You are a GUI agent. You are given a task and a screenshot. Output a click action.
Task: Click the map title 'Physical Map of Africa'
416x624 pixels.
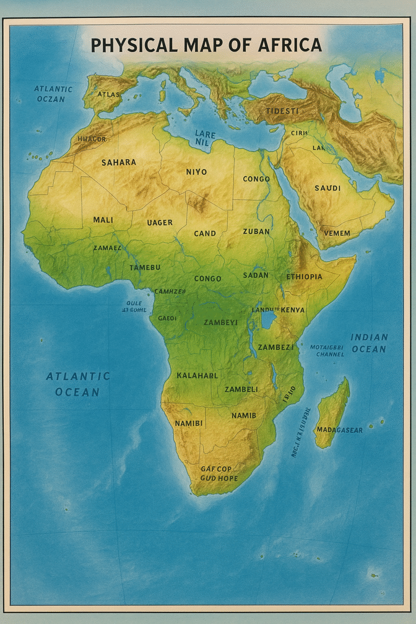pyautogui.click(x=206, y=45)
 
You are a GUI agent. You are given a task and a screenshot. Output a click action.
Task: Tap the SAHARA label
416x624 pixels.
pyautogui.click(x=119, y=162)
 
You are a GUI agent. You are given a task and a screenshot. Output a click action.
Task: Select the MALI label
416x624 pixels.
pyautogui.click(x=103, y=220)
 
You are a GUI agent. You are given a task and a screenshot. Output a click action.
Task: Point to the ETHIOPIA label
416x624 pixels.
pyautogui.click(x=304, y=277)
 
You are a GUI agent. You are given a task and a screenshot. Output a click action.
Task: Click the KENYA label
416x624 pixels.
pyautogui.click(x=293, y=310)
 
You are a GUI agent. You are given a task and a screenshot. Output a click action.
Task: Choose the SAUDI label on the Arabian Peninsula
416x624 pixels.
pyautogui.click(x=327, y=188)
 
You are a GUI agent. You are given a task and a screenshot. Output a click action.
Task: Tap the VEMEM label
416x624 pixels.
pyautogui.click(x=336, y=233)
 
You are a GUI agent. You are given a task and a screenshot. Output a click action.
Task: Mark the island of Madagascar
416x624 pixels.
pyautogui.click(x=331, y=412)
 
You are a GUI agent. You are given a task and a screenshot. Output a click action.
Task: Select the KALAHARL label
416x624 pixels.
pyautogui.click(x=197, y=375)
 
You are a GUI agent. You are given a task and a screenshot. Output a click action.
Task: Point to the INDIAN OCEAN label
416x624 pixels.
pyautogui.click(x=369, y=343)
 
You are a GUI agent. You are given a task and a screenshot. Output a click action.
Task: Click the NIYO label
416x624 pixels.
pyautogui.click(x=196, y=172)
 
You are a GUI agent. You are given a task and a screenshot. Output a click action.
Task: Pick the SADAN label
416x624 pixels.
pyautogui.click(x=256, y=275)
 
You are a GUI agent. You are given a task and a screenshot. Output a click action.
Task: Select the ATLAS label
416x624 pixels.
pyautogui.click(x=108, y=94)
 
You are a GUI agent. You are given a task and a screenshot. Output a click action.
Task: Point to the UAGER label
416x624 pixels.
pyautogui.click(x=160, y=222)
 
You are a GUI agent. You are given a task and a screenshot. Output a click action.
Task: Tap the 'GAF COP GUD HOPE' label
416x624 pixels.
pyautogui.click(x=216, y=473)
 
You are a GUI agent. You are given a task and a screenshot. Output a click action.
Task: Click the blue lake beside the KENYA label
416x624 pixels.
pyautogui.click(x=269, y=320)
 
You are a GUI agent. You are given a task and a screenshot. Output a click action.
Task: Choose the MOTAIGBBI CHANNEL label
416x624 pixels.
pyautogui.click(x=327, y=350)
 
